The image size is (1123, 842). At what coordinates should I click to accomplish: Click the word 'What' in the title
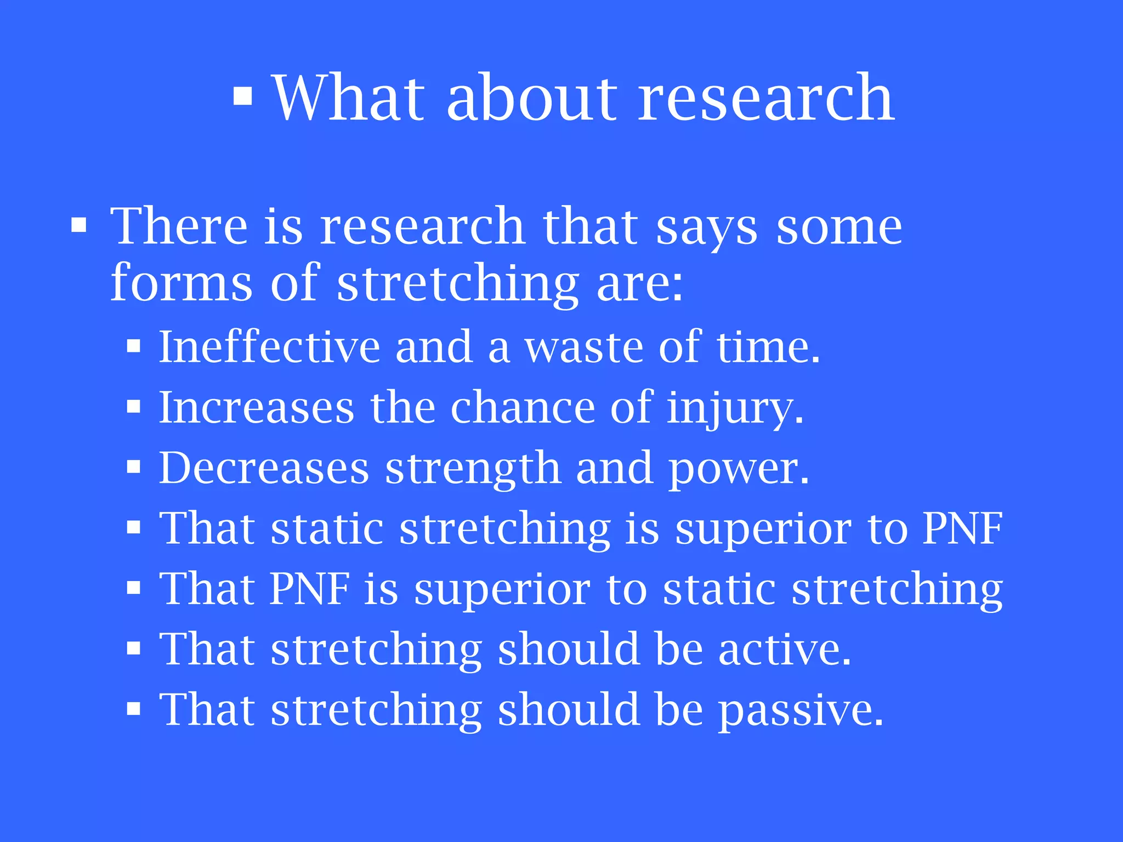349,99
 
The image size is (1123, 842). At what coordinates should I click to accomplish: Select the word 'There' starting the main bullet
179,226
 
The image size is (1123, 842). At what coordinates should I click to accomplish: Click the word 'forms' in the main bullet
181,283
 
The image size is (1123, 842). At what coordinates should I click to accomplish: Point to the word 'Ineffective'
269,347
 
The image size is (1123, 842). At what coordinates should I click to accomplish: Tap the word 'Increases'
257,408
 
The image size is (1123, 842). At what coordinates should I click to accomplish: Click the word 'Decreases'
264,468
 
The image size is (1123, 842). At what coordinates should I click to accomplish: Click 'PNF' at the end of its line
962,528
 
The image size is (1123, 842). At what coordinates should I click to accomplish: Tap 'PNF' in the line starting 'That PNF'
310,589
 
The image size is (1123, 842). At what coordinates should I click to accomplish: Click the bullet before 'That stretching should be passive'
134,709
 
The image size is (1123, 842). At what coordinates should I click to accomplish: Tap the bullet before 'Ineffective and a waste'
134,347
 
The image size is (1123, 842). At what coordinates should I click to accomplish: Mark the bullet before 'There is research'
79,226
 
